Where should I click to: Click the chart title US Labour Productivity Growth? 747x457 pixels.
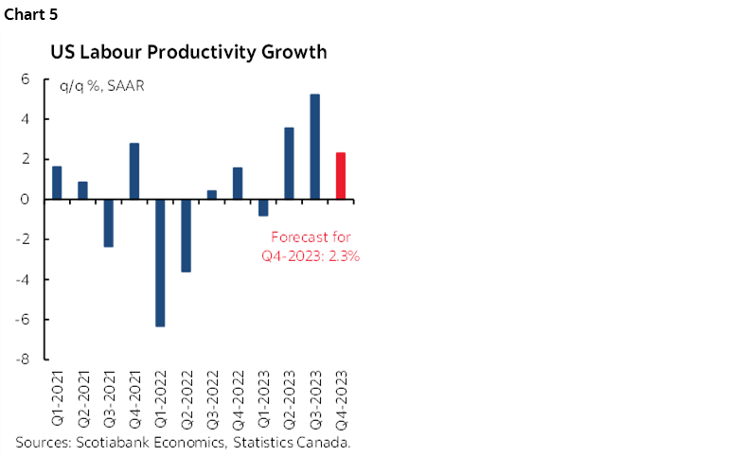coord(188,52)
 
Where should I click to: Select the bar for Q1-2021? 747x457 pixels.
coord(57,183)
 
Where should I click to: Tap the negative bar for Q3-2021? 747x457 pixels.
coord(109,222)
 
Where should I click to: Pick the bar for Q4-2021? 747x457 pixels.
coord(134,171)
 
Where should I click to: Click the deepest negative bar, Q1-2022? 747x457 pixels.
coord(160,262)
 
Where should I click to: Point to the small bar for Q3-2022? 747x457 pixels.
coord(211,195)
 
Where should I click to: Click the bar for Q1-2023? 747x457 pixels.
coord(263,207)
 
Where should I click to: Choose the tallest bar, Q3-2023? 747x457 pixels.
coord(314,147)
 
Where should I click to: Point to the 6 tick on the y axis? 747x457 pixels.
coord(26,79)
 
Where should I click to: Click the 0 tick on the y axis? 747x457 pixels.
coord(26,200)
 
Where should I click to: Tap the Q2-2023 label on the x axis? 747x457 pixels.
coord(290,396)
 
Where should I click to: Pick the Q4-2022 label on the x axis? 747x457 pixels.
coord(238,396)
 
